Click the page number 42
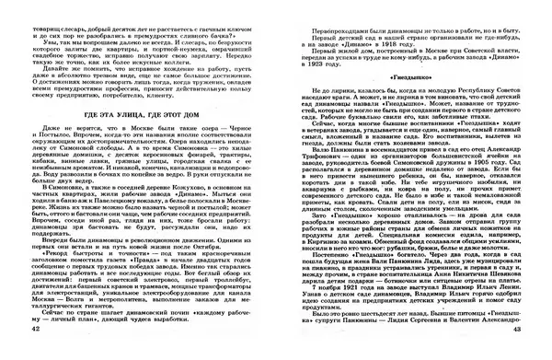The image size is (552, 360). pos(35,354)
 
